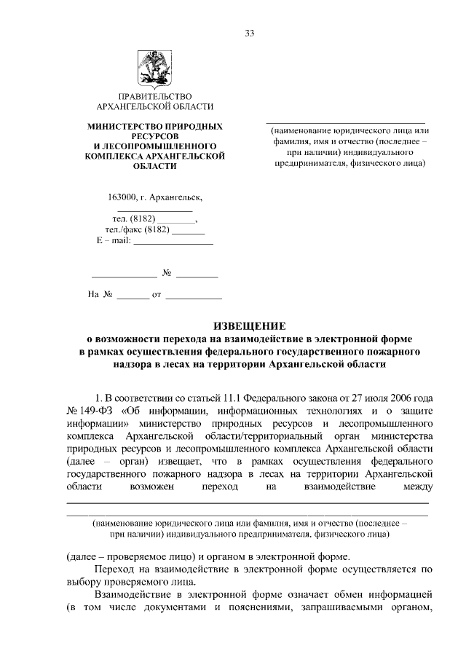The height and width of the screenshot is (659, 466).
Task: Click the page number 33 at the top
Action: pyautogui.click(x=250, y=35)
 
